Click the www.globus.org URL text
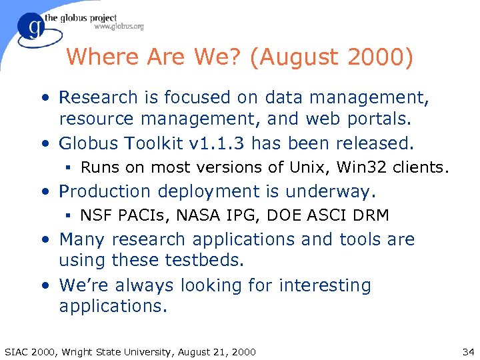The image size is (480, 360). (x=119, y=27)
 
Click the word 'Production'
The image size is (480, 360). (x=105, y=191)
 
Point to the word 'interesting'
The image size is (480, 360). (x=325, y=285)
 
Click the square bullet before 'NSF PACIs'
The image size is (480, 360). (x=69, y=215)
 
